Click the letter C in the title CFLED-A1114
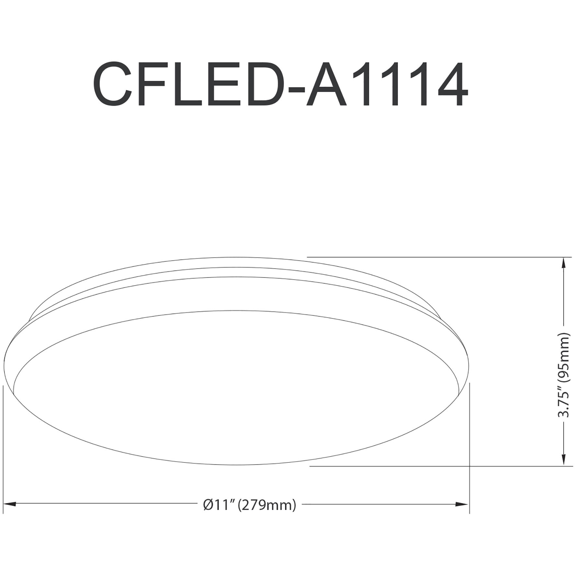tap(112, 84)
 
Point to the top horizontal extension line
tap(421, 257)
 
